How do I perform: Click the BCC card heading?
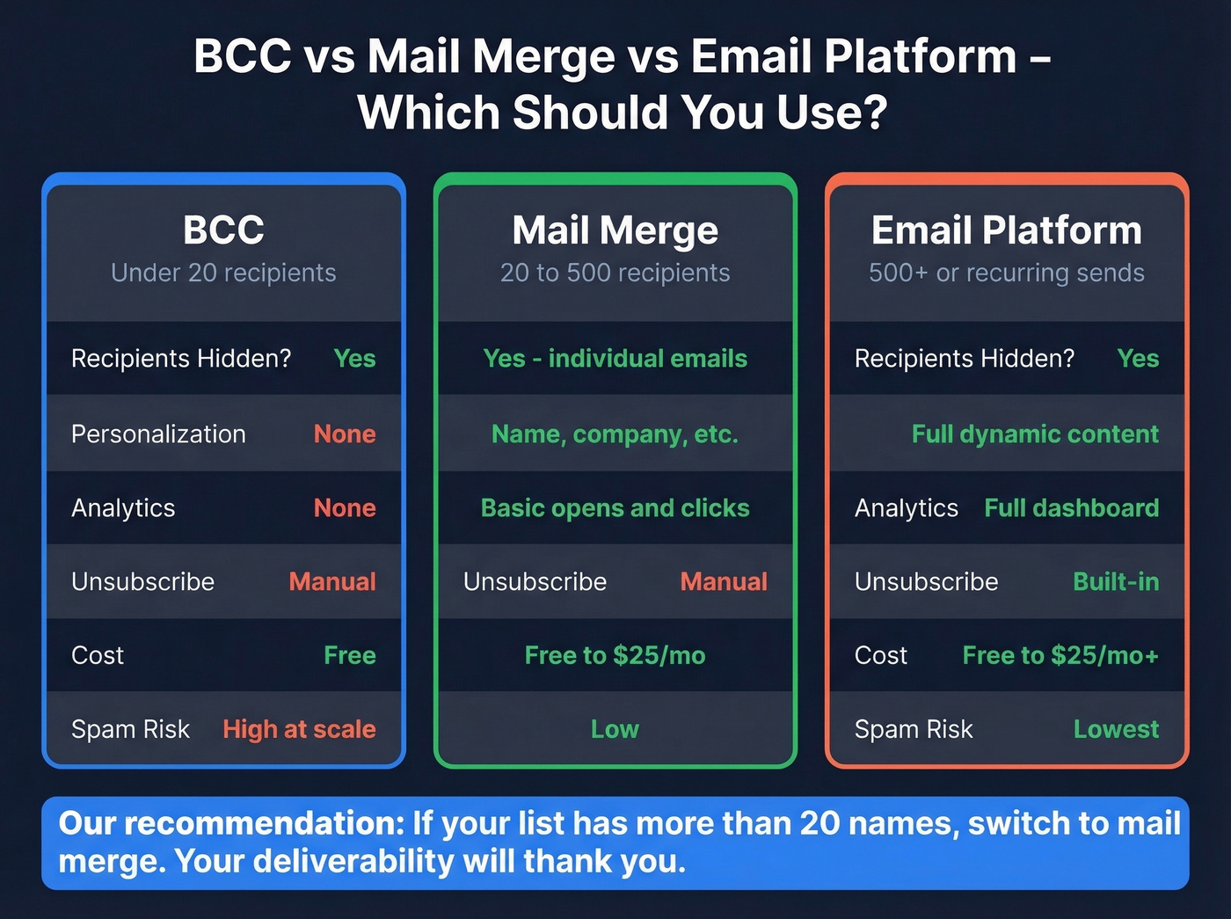point(223,230)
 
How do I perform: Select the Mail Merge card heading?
point(615,230)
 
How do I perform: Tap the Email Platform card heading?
point(1006,230)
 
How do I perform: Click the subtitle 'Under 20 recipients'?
point(223,273)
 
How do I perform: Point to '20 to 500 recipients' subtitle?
point(615,273)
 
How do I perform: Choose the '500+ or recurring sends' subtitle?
point(1006,273)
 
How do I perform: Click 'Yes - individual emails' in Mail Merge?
point(615,358)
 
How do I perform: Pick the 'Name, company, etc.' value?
point(615,434)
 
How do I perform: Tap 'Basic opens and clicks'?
point(615,507)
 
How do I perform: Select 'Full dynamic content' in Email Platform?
point(1035,434)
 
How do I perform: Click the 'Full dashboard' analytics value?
point(1071,507)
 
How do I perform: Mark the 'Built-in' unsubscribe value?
point(1116,581)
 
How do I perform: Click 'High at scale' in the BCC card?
point(299,729)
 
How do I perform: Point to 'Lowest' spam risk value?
point(1116,729)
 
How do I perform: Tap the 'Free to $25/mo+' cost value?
point(1060,655)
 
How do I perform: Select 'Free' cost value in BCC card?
point(349,655)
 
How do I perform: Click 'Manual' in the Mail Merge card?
point(724,581)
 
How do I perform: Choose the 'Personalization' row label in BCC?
point(158,434)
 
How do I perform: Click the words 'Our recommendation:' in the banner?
point(230,823)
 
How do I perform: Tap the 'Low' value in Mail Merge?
point(615,729)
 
